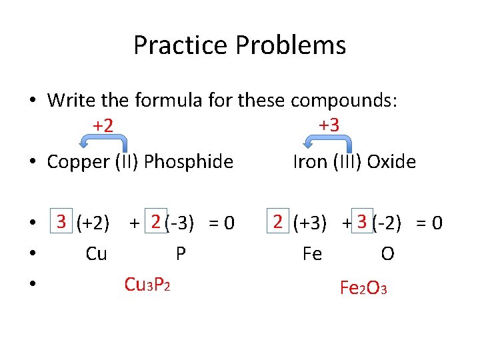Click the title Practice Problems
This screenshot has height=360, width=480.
[239, 45]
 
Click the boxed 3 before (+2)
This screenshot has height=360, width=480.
[61, 221]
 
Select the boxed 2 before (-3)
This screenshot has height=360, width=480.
[155, 221]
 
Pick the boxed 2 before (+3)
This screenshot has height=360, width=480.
[278, 221]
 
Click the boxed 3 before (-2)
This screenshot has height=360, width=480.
[363, 221]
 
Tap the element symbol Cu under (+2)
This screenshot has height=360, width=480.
[96, 254]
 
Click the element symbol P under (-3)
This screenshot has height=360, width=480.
[180, 254]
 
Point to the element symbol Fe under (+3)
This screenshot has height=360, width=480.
[311, 254]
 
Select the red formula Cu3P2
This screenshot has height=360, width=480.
[147, 285]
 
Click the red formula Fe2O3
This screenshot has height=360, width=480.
[363, 288]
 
